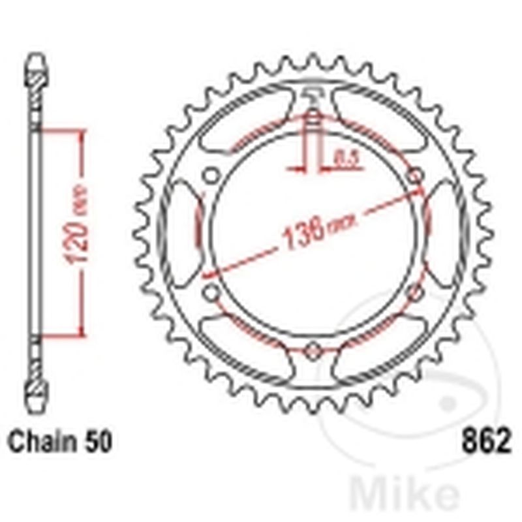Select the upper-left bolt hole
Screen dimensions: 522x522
210,176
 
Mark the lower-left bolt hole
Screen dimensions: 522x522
210,293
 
